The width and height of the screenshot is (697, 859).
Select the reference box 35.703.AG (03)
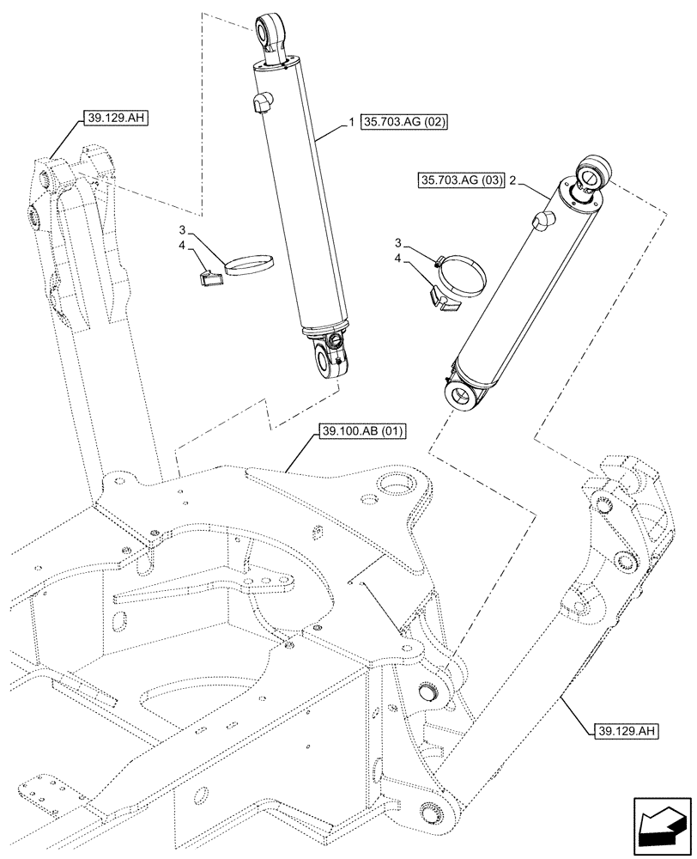pos(462,180)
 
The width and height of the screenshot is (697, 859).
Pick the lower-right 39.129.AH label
pos(626,732)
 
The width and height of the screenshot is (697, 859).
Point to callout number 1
pos(352,124)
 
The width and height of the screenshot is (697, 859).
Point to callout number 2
pos(512,180)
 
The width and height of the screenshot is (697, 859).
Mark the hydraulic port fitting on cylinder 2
pos(542,222)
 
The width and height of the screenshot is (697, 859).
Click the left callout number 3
pos(183,230)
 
